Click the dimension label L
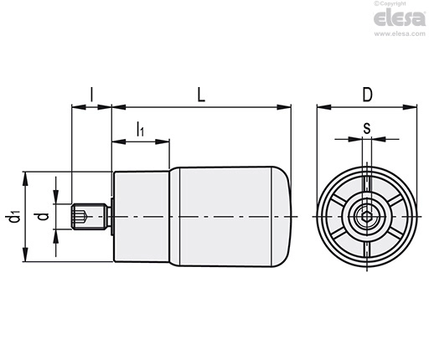tap(201, 95)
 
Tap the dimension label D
tap(367, 95)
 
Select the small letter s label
tap(367, 128)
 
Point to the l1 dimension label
tap(140, 129)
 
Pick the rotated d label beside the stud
tap(43, 216)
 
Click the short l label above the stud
tap(91, 95)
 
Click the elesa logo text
tap(400, 18)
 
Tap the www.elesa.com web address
tap(400, 33)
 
